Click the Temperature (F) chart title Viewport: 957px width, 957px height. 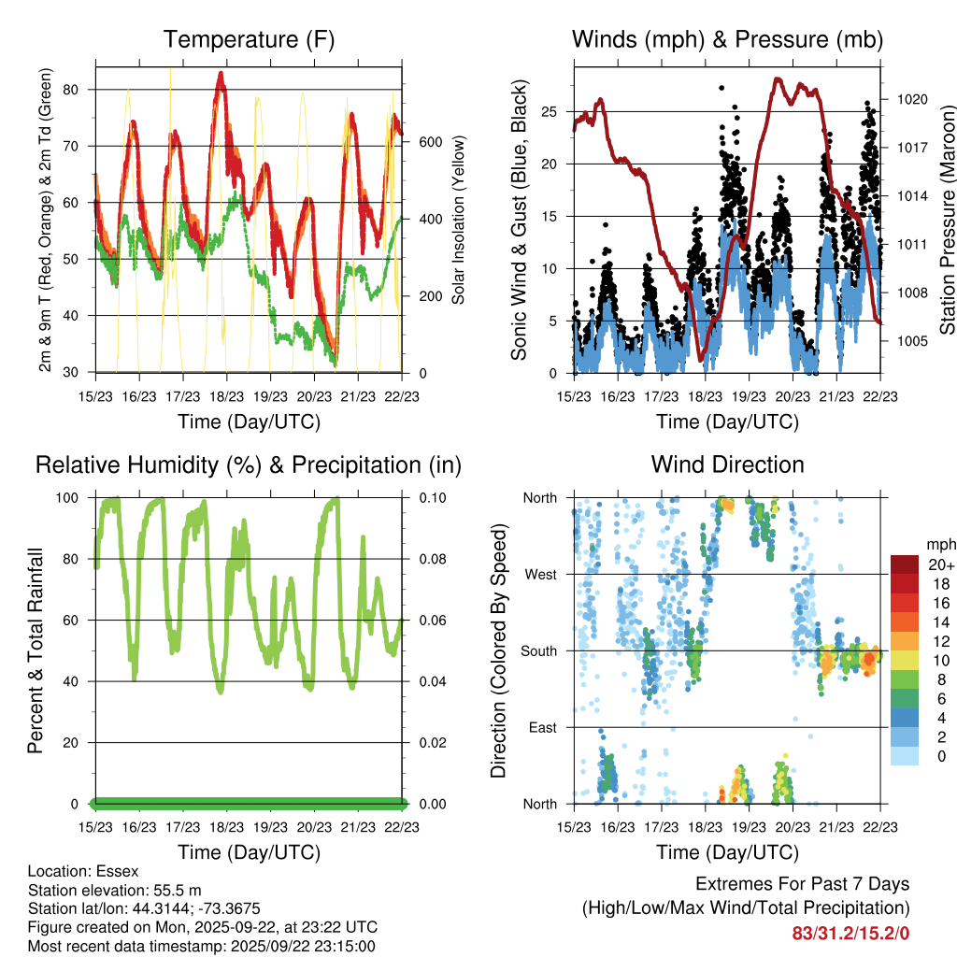(x=249, y=40)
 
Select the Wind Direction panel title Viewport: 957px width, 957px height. (x=727, y=464)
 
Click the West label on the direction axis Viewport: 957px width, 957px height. (x=540, y=574)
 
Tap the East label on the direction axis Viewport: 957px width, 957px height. (x=542, y=727)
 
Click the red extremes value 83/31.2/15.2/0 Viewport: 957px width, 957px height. (x=850, y=933)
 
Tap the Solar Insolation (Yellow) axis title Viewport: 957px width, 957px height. (x=459, y=220)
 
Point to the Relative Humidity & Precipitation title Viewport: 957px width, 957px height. (x=249, y=464)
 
